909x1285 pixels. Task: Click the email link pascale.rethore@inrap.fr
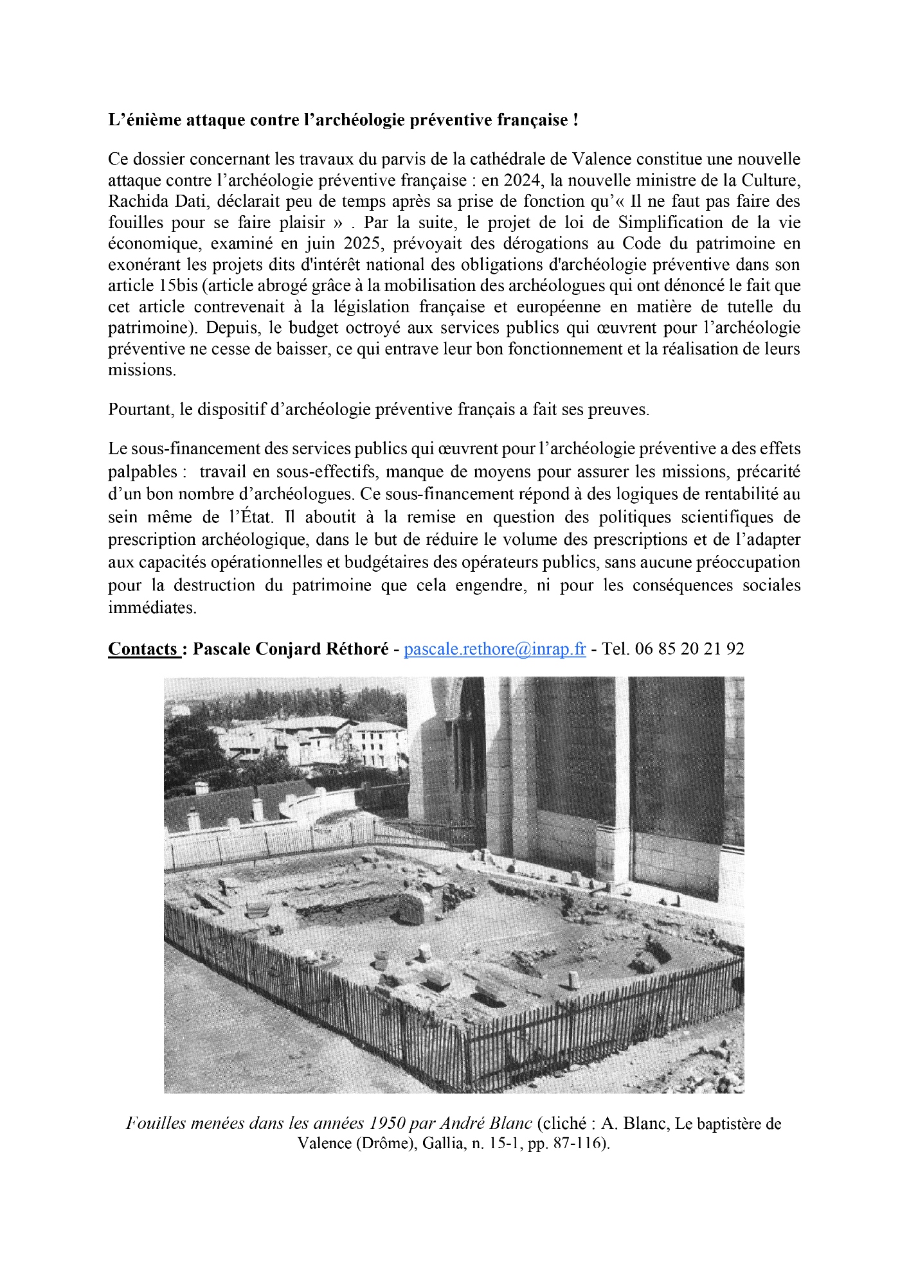click(x=494, y=649)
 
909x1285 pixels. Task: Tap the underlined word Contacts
click(x=142, y=649)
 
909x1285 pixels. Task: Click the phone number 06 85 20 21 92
click(x=689, y=649)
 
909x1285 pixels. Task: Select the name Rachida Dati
click(x=155, y=201)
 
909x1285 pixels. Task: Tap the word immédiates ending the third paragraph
click(x=152, y=608)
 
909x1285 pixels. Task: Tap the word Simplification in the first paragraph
click(x=669, y=222)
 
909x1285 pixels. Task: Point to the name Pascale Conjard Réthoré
click(x=291, y=649)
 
